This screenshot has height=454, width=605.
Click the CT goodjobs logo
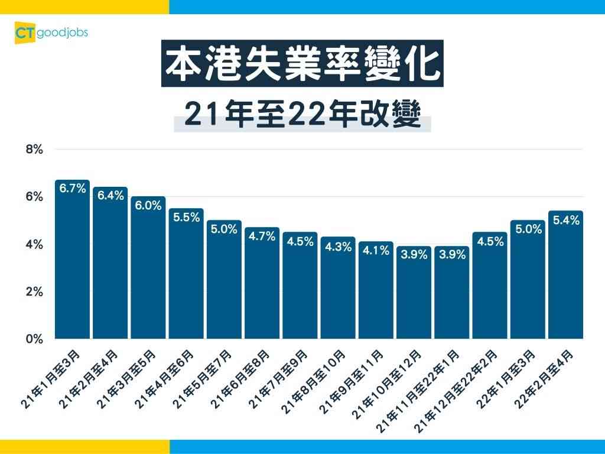51,33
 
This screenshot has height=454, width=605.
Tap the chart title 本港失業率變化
302,63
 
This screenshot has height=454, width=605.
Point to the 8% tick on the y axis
35,150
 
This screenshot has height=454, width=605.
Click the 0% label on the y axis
35,339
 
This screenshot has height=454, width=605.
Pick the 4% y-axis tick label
35,244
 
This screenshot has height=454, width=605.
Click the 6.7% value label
72,189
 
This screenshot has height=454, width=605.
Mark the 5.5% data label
186,217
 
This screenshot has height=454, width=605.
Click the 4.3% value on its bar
338,247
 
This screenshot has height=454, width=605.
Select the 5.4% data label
566,220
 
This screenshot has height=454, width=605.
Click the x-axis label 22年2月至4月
545,378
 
